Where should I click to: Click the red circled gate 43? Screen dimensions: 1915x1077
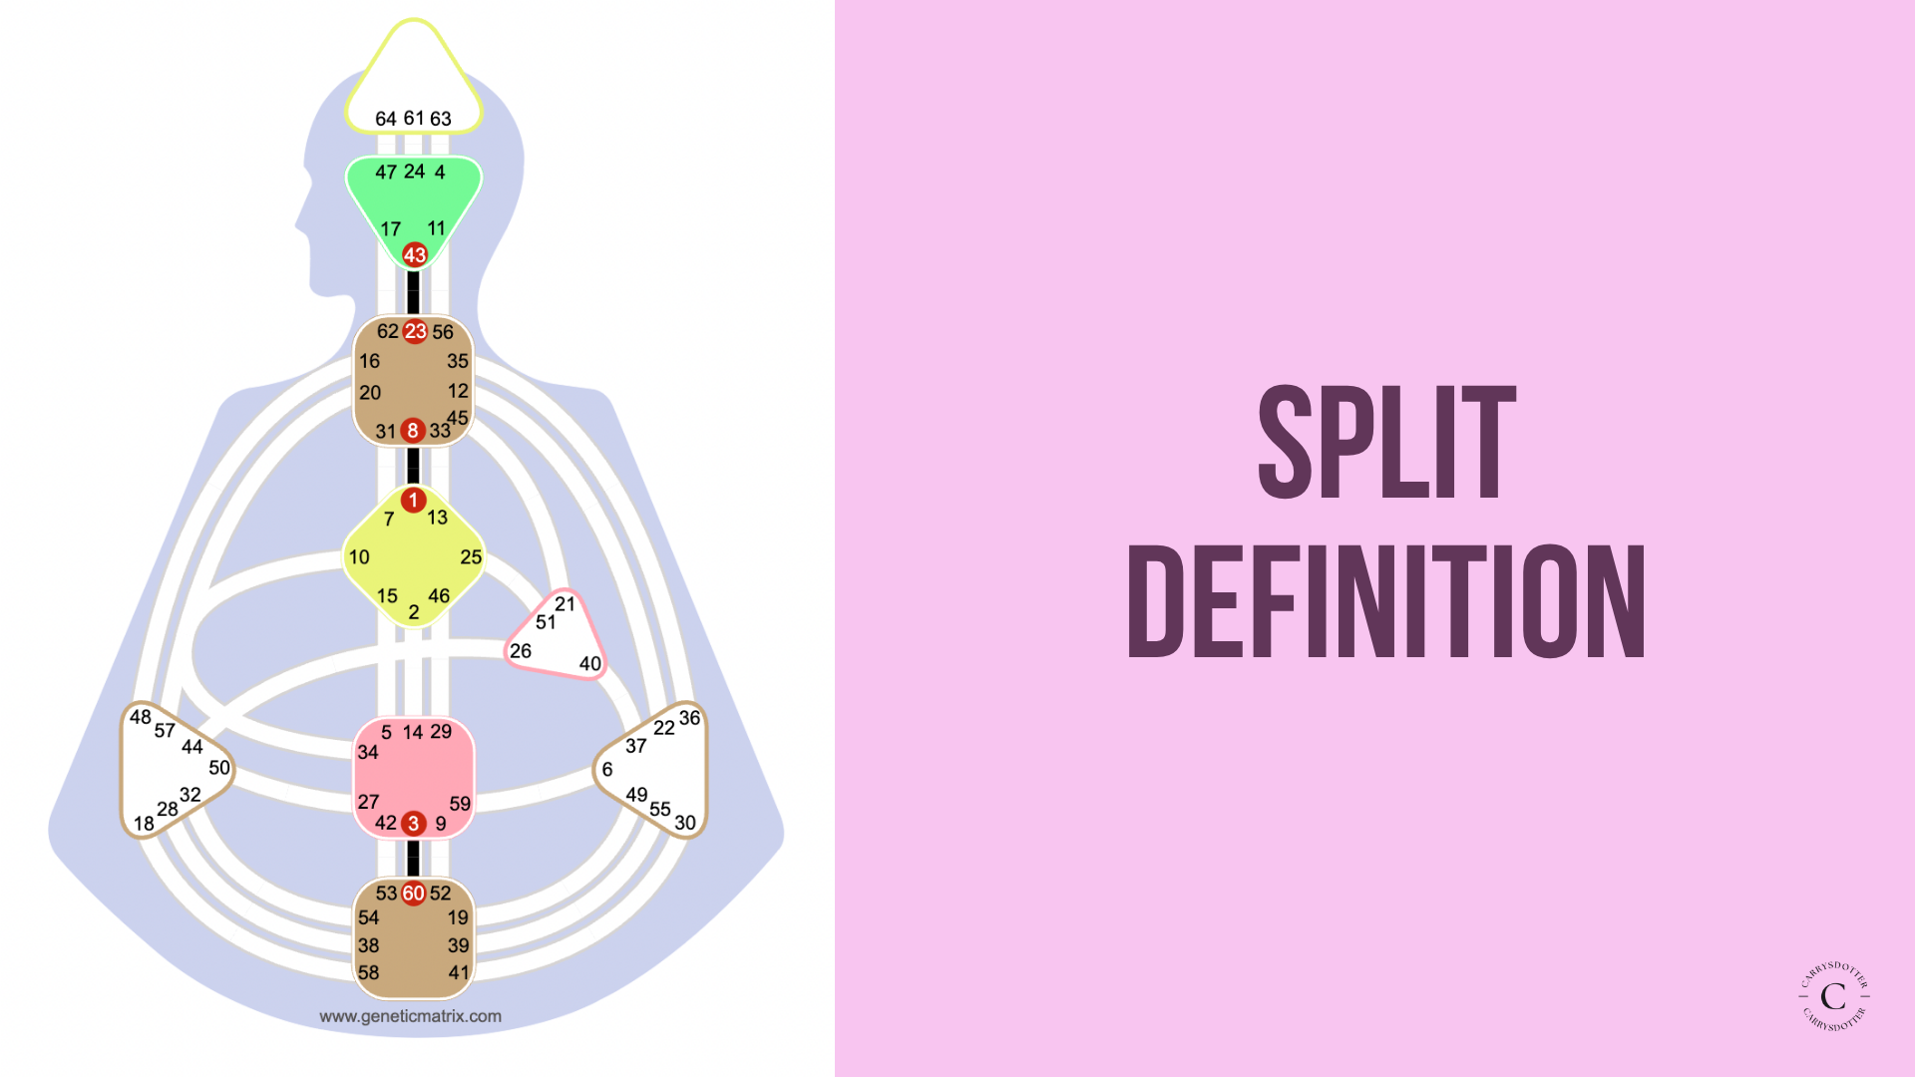414,255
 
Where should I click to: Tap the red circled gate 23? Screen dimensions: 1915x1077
415,331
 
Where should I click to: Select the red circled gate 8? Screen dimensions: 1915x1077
413,431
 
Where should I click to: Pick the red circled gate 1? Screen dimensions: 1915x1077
413,500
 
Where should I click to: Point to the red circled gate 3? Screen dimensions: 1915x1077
413,824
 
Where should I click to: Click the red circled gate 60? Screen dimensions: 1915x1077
413,894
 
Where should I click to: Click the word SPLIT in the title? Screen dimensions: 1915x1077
1386,443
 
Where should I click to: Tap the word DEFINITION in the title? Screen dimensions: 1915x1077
1386,602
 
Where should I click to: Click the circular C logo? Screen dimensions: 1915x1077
1833,995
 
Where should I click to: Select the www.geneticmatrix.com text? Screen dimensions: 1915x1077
410,1016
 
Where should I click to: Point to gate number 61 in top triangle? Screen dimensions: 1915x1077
414,118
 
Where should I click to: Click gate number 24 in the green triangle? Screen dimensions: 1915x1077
414,172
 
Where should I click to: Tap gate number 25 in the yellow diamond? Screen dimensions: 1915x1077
471,557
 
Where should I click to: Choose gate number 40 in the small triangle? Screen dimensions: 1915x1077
590,664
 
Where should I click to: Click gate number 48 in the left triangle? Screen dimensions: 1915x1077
141,717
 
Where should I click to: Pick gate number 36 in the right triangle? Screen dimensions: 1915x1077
689,718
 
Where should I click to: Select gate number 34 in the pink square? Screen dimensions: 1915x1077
368,753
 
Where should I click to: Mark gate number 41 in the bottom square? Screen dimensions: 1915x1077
459,972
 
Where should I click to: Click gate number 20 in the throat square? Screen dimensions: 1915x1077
370,393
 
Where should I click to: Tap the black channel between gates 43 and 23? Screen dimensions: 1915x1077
413,292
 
